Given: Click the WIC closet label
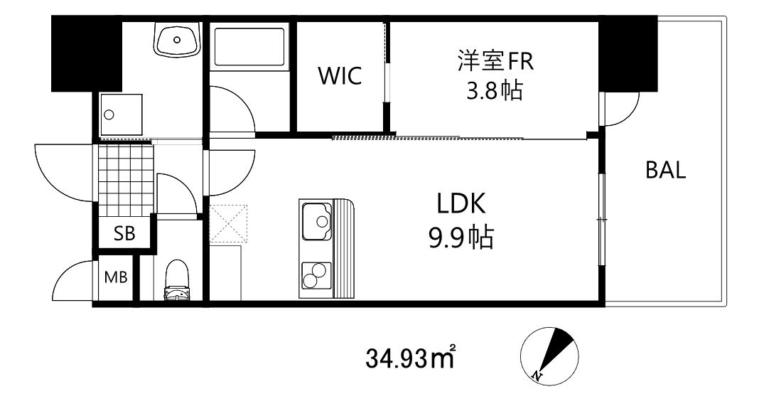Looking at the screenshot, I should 340,76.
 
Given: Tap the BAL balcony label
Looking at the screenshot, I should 665,170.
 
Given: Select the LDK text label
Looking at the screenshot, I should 461,205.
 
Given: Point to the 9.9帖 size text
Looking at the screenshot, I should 461,238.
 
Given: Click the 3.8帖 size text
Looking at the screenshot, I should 495,91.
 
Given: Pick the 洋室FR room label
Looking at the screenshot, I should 495,60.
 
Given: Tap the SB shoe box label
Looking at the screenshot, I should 125,235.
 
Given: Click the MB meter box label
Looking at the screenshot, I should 116,277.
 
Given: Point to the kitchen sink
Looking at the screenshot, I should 317,221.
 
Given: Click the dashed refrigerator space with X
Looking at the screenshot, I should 228,224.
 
